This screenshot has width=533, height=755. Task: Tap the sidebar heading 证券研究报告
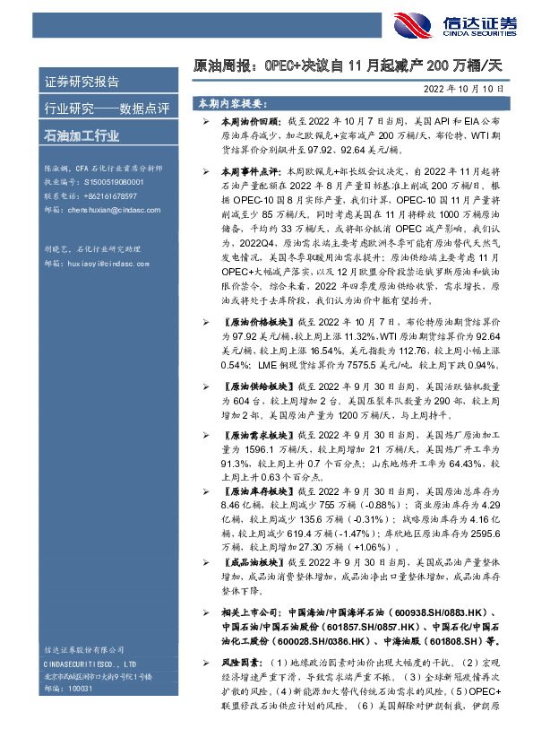(x=82, y=82)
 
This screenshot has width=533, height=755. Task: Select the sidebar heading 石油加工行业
(x=82, y=137)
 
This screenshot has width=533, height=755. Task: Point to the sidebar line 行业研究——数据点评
(x=94, y=109)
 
